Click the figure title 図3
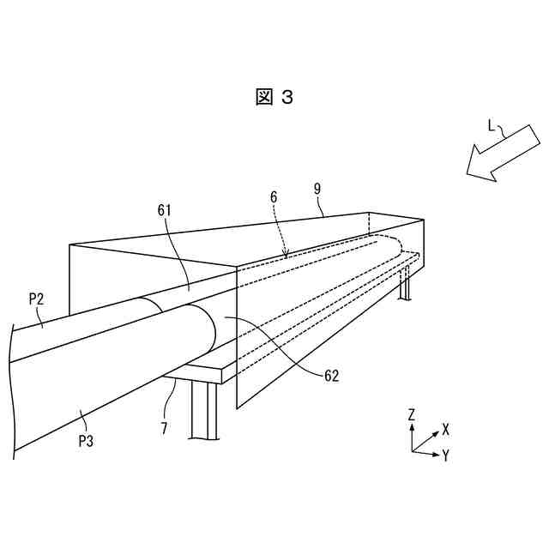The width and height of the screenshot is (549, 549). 274,97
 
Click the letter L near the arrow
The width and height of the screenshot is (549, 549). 492,125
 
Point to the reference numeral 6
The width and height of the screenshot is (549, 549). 273,196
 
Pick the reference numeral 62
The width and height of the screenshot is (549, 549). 330,375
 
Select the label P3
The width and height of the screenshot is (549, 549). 86,441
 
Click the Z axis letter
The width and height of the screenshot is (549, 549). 412,414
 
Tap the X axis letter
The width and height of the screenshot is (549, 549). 446,428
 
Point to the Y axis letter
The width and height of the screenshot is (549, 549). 446,455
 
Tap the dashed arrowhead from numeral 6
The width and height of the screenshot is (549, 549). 287,253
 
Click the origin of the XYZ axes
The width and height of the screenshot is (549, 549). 413,449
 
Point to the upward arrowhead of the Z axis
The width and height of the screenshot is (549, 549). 413,425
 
